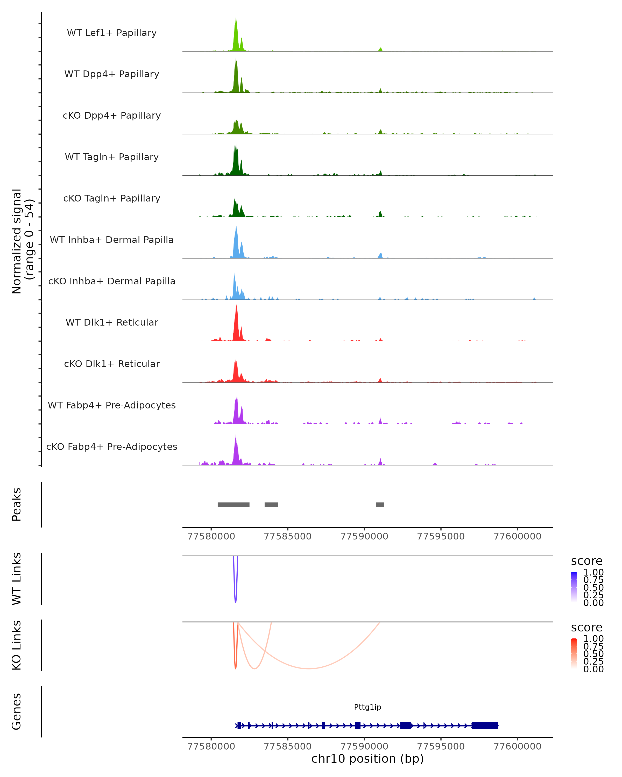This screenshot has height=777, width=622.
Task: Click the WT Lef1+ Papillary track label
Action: coord(112,33)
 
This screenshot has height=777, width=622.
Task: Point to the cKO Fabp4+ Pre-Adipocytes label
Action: coord(112,447)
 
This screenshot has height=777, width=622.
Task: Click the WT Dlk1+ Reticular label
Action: coord(112,322)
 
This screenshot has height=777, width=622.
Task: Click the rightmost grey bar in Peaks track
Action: coord(380,505)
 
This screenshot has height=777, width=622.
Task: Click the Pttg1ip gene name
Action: coord(367,707)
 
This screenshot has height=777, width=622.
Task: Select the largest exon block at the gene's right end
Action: coord(485,725)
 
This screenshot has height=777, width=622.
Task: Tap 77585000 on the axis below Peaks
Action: coord(288,536)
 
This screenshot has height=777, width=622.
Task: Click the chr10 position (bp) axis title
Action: coord(367,759)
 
